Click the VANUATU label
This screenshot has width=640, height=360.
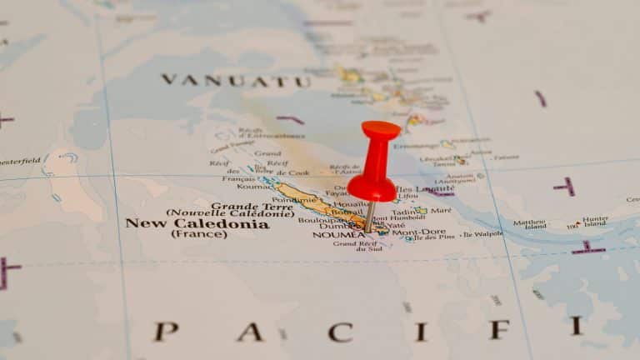235,81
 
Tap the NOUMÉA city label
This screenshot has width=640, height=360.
338,235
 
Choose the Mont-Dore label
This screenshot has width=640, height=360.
418,232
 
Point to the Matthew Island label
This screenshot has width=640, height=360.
530,224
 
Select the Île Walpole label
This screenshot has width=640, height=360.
483,234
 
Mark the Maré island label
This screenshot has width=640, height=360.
441,211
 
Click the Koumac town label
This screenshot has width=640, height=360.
253,187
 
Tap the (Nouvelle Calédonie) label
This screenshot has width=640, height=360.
230,213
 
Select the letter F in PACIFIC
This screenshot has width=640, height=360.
498,328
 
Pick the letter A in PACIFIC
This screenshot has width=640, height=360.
249,332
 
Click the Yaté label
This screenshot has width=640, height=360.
397,225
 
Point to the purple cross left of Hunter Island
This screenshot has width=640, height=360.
588,247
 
